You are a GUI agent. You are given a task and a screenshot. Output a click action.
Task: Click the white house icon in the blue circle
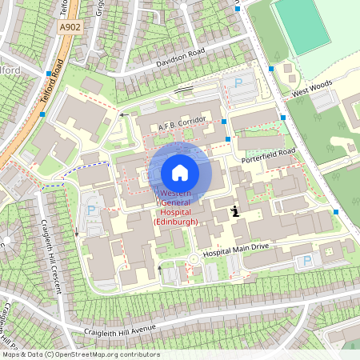coord(180,173)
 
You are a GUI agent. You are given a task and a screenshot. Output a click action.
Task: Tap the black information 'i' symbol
coord(235,211)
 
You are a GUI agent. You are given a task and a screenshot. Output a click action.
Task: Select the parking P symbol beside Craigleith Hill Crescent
coord(90,210)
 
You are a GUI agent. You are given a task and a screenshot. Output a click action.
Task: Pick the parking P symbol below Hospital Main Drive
coord(306,261)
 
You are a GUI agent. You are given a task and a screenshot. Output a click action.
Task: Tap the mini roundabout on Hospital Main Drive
coord(193,259)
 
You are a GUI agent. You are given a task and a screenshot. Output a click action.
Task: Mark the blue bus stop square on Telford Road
coord(49,73)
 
